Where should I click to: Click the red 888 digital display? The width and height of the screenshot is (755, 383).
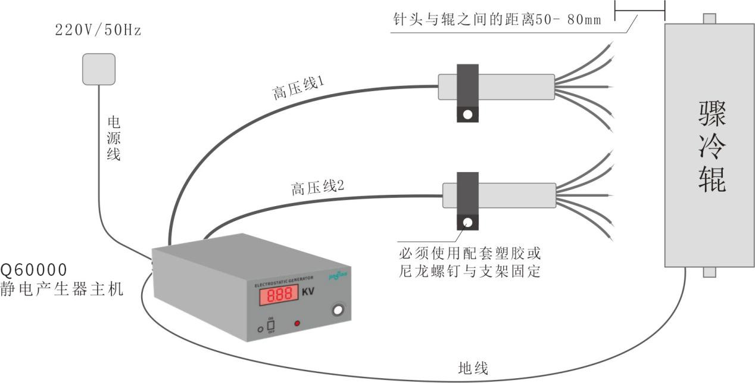point(277,295)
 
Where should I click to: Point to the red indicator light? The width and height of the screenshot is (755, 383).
point(297,323)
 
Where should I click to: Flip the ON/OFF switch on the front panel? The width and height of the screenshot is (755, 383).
point(270,326)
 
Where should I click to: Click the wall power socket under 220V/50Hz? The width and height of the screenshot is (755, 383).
point(98,69)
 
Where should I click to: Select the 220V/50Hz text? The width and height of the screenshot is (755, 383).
point(98,30)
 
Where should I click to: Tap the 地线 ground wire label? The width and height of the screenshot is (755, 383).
point(473,368)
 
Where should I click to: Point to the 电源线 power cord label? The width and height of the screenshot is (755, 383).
point(113,139)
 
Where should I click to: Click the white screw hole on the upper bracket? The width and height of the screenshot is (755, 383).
point(468,114)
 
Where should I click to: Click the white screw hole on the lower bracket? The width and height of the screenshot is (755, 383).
point(468,223)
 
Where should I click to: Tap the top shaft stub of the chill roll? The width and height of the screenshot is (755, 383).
point(709,18)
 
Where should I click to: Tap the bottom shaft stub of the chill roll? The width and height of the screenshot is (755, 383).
point(709,272)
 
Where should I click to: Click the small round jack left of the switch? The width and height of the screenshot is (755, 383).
point(260,329)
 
